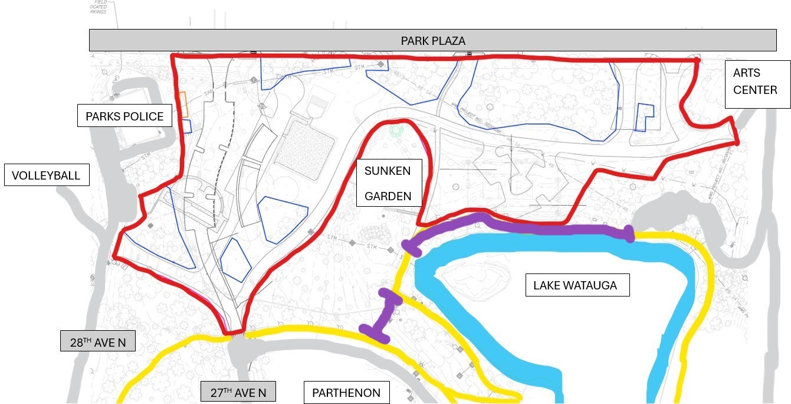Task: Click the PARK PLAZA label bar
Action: [432, 41]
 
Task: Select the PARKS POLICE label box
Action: [124, 116]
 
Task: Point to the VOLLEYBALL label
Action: [47, 175]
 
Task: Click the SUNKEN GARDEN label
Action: [389, 183]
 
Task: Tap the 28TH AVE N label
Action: [97, 341]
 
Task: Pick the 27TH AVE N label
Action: [238, 392]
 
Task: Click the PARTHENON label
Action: [346, 392]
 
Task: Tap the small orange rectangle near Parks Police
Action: [184, 104]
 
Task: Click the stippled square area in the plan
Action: [305, 148]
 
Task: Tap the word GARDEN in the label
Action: [388, 196]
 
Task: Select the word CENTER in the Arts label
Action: [755, 90]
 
